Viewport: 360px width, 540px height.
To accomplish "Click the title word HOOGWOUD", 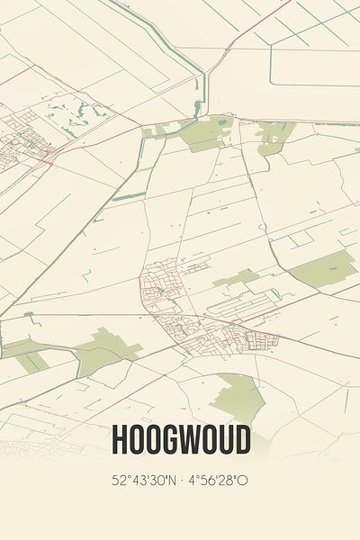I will [180, 441].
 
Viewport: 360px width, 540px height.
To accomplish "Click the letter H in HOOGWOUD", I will [118, 441].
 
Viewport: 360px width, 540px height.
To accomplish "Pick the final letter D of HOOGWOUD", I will [241, 441].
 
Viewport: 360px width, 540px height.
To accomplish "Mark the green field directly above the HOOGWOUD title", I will [238, 396].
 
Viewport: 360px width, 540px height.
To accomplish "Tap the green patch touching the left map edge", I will [22, 354].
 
